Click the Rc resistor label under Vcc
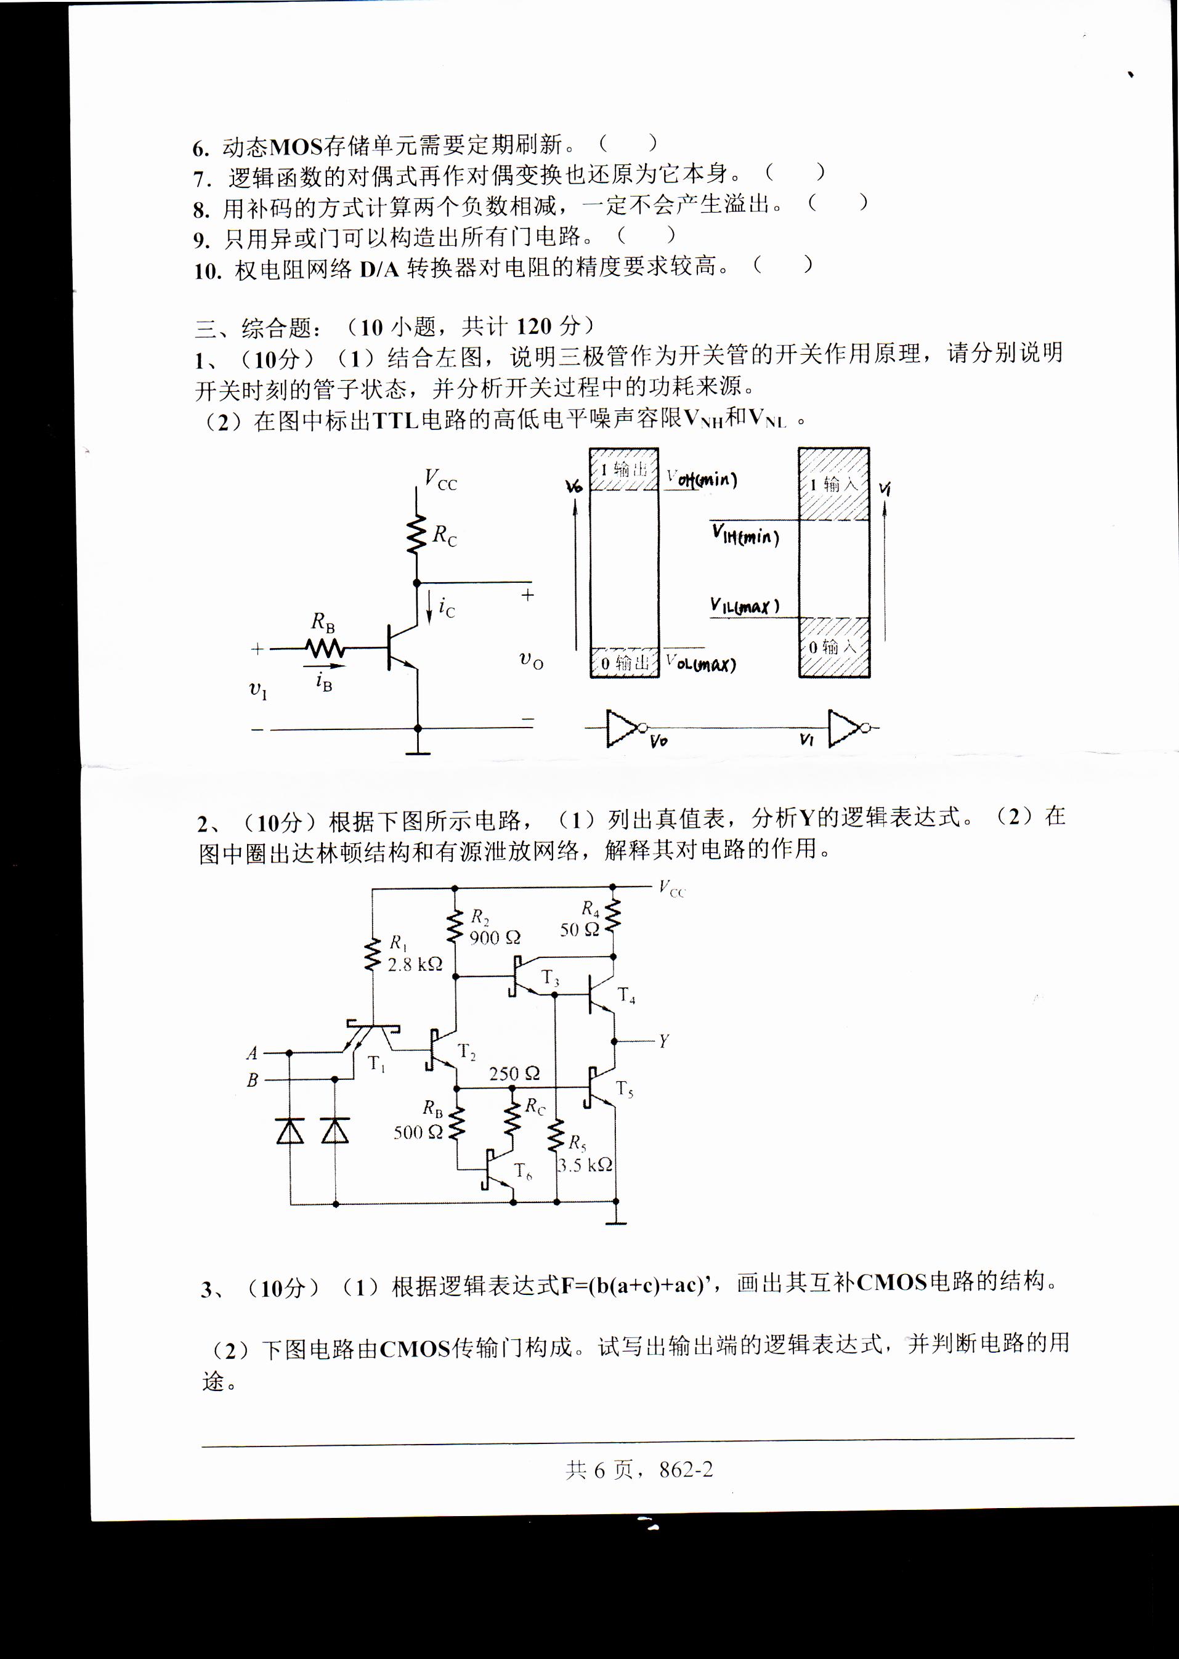pyautogui.click(x=444, y=535)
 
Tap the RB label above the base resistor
pyautogui.click(x=323, y=622)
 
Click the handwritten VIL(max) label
pyautogui.click(x=744, y=606)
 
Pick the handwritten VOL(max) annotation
pyautogui.click(x=700, y=663)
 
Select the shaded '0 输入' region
pyautogui.click(x=834, y=647)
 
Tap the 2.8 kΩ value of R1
pyautogui.click(x=415, y=964)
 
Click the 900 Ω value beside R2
pyautogui.click(x=495, y=938)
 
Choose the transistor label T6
pyautogui.click(x=523, y=1171)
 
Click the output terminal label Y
pyautogui.click(x=663, y=1041)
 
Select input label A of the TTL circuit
pyautogui.click(x=252, y=1052)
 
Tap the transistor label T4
pyautogui.click(x=626, y=996)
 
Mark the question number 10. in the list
pyautogui.click(x=207, y=271)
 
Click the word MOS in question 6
pyautogui.click(x=296, y=147)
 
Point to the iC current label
pyautogui.click(x=447, y=607)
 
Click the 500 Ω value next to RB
pyautogui.click(x=418, y=1132)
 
